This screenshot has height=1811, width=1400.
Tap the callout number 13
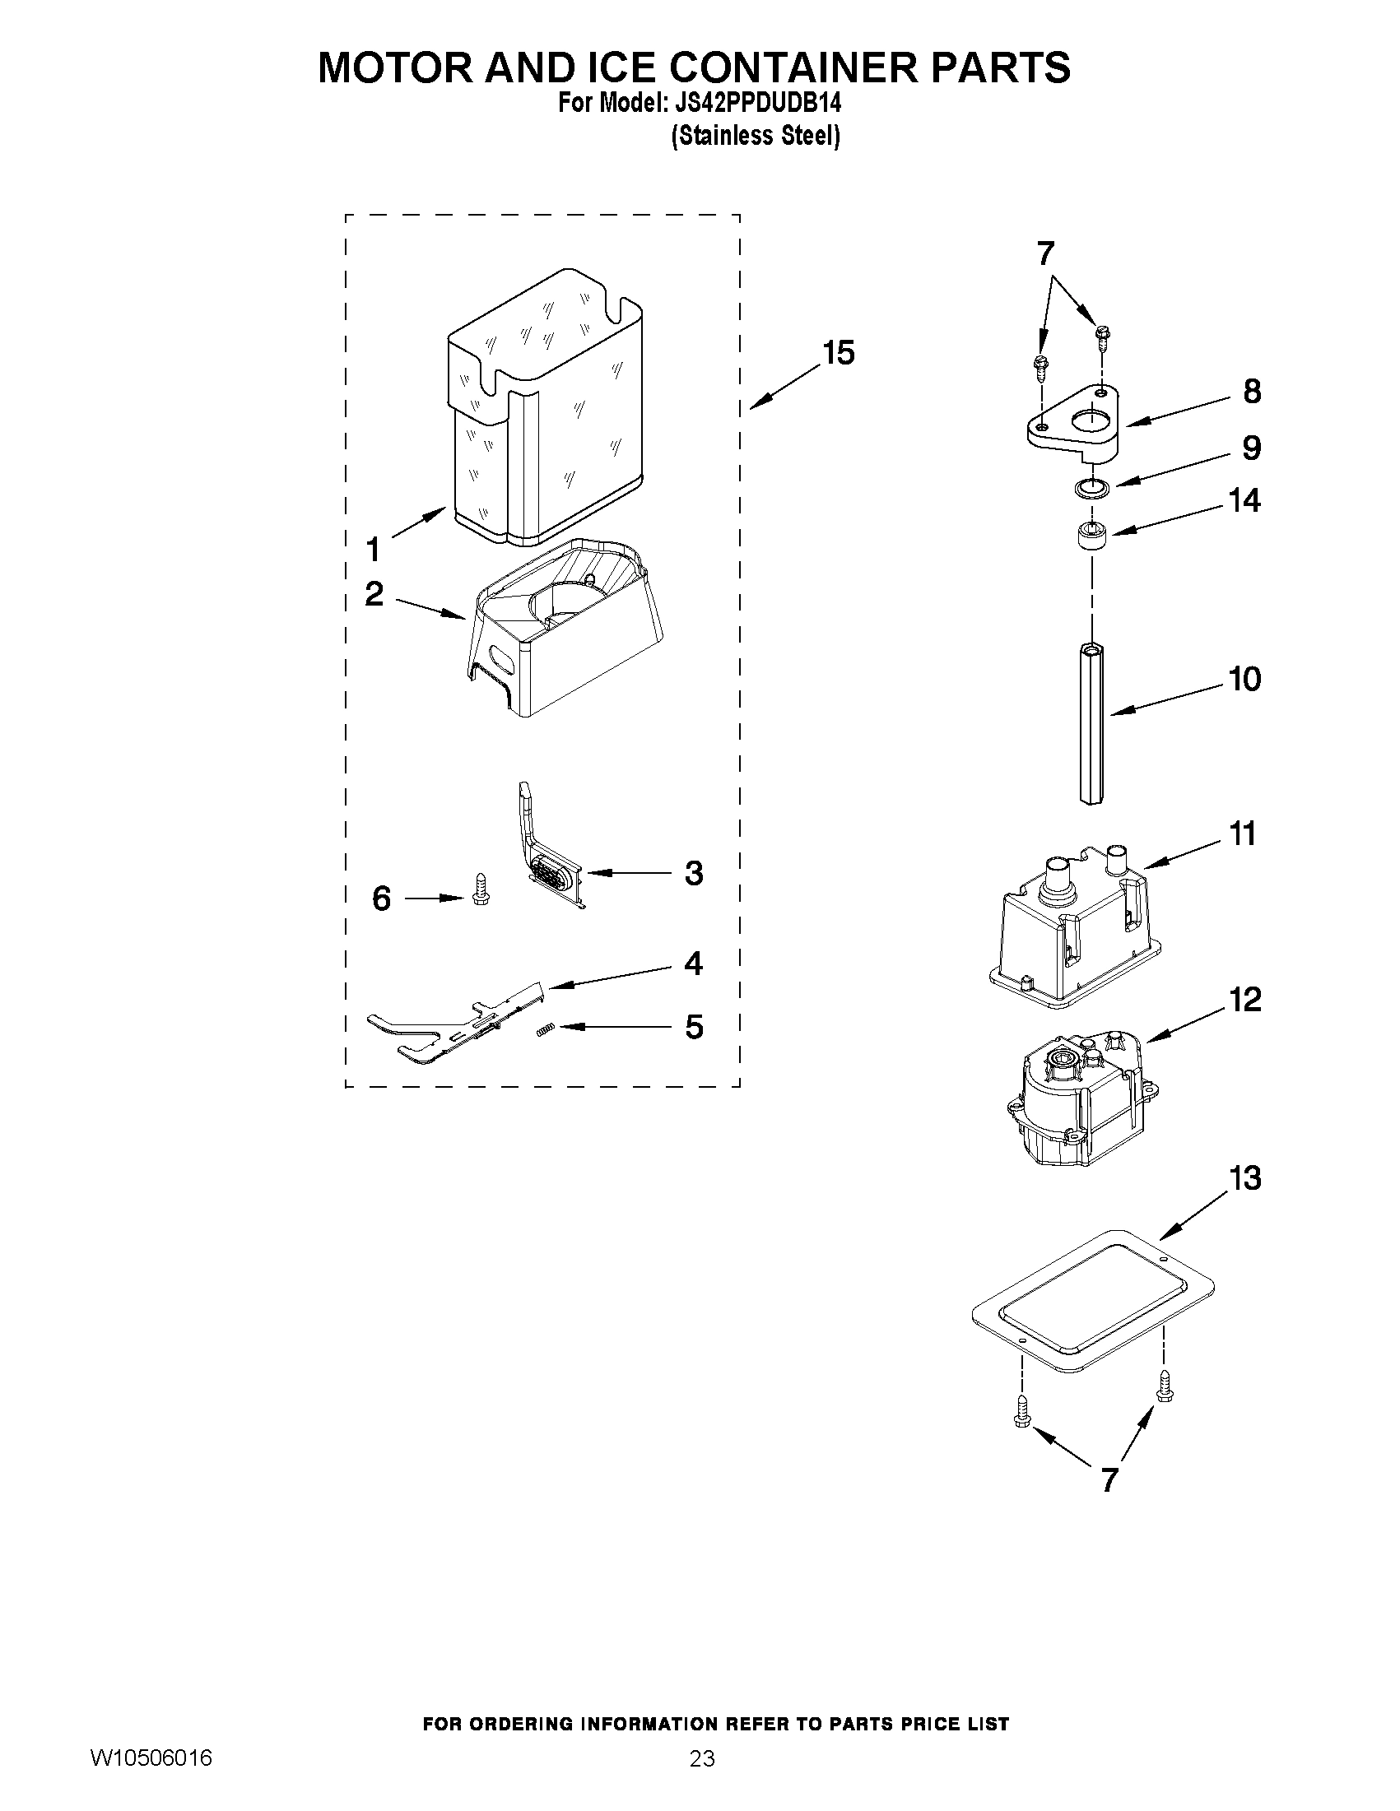click(1245, 1178)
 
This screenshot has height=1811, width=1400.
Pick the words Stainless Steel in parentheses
click(755, 136)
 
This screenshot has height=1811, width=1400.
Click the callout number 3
click(693, 873)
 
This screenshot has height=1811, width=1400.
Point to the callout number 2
click(374, 594)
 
